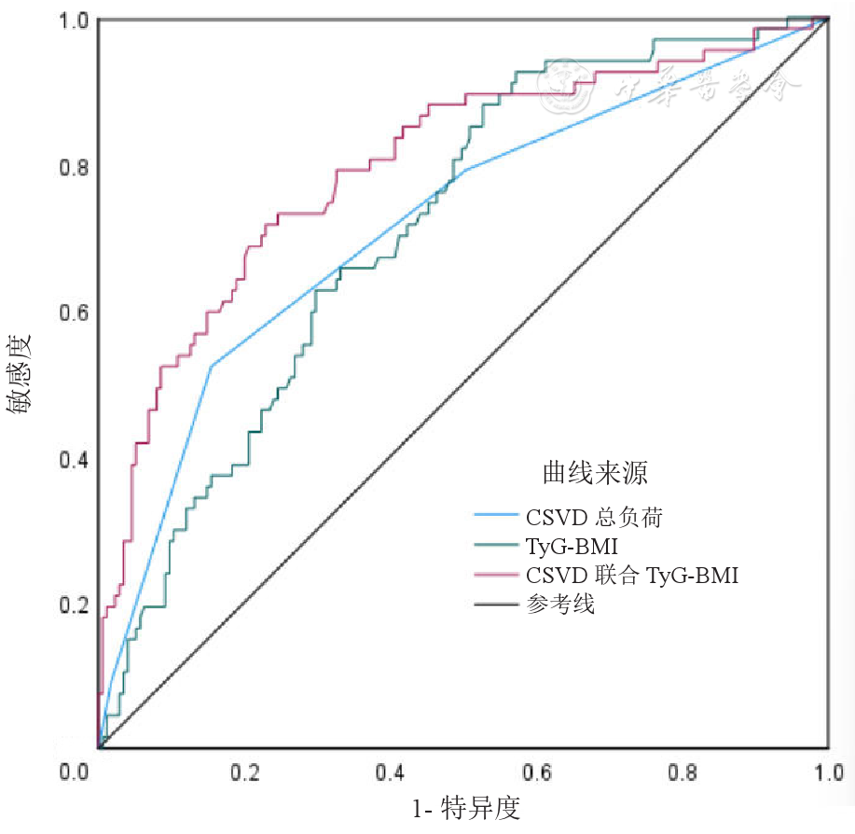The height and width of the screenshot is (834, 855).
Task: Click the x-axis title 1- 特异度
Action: (465, 808)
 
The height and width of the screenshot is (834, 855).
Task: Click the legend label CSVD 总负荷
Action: (595, 516)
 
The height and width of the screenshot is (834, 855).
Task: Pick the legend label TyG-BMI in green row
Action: (572, 545)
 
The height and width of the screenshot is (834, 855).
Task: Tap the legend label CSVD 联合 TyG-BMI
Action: (632, 575)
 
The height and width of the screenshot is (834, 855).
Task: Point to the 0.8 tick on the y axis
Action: (74, 168)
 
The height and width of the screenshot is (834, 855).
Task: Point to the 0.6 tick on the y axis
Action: (74, 313)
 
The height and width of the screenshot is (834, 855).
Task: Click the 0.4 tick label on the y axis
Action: (74, 460)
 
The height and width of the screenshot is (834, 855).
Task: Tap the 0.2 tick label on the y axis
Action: (74, 605)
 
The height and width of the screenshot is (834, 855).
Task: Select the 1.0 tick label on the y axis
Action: (74, 21)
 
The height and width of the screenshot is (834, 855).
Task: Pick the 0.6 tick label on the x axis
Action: (537, 773)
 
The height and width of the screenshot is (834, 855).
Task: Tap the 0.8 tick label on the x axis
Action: (683, 773)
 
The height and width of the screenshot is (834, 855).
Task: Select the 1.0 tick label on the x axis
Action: (828, 773)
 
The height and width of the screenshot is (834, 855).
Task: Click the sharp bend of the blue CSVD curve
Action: (213, 366)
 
